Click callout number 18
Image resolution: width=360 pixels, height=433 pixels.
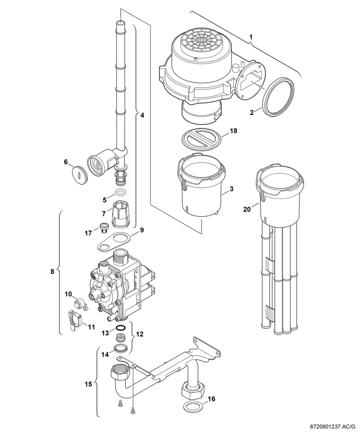233,131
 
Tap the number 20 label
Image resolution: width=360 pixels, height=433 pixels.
247,209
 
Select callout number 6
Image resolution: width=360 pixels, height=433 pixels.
66,162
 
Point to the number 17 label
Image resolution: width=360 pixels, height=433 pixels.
88,233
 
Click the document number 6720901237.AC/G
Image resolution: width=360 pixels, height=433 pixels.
333,427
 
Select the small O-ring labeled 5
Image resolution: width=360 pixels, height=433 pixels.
120,192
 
